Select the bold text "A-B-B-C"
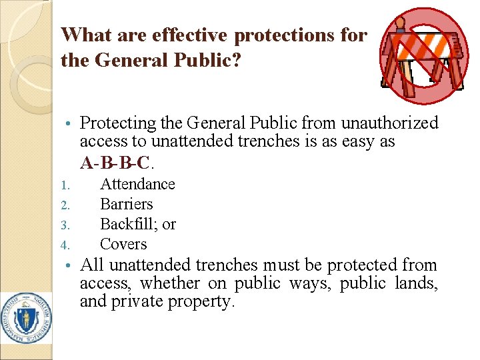[115, 161]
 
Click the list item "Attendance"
[137, 184]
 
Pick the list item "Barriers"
[126, 204]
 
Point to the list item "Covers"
[123, 244]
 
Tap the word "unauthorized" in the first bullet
[389, 123]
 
